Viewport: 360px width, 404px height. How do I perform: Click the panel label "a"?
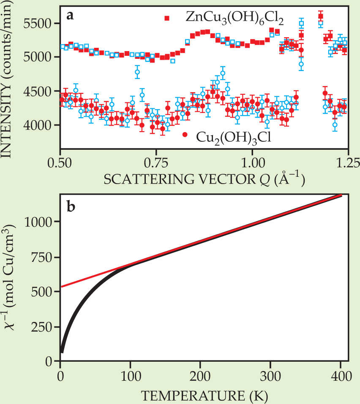[x=71, y=16]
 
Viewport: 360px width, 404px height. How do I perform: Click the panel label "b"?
[x=71, y=208]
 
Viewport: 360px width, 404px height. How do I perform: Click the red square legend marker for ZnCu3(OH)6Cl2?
[x=167, y=18]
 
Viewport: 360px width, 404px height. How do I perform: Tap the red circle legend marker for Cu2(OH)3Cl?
[x=185, y=135]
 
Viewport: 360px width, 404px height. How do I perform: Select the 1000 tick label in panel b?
[x=41, y=222]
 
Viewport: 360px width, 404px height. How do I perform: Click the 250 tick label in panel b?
[x=44, y=327]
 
